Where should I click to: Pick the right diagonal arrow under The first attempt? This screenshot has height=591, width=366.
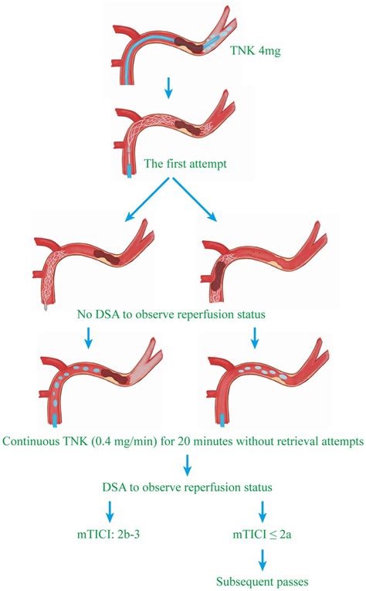click(202, 198)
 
